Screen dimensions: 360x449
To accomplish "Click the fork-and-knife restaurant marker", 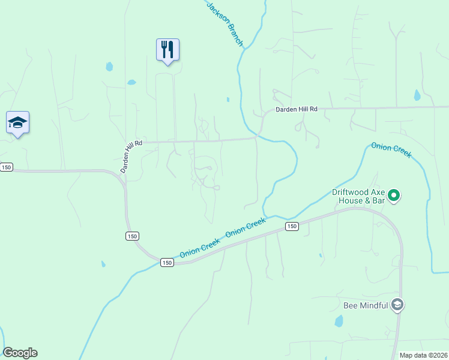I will (x=168, y=49).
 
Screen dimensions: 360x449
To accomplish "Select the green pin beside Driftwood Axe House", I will (x=394, y=195).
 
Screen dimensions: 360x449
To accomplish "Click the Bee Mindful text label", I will (x=366, y=305).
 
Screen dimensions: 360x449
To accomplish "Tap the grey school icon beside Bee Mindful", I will (x=396, y=305).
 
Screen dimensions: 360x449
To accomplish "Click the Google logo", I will (x=20, y=353).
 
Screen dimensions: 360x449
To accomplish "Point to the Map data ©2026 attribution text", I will (x=423, y=355).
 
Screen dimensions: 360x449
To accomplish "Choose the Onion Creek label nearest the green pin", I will (x=391, y=149).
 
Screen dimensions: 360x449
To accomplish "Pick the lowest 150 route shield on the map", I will (x=167, y=262).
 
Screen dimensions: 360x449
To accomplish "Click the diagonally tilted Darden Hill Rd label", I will (x=131, y=156).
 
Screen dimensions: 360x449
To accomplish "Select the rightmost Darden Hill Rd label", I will (x=296, y=110).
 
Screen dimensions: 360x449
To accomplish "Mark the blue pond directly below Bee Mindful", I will (x=339, y=322).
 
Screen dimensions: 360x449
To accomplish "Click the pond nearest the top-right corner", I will (x=417, y=95).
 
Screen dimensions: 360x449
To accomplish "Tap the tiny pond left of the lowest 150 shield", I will (x=103, y=263).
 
